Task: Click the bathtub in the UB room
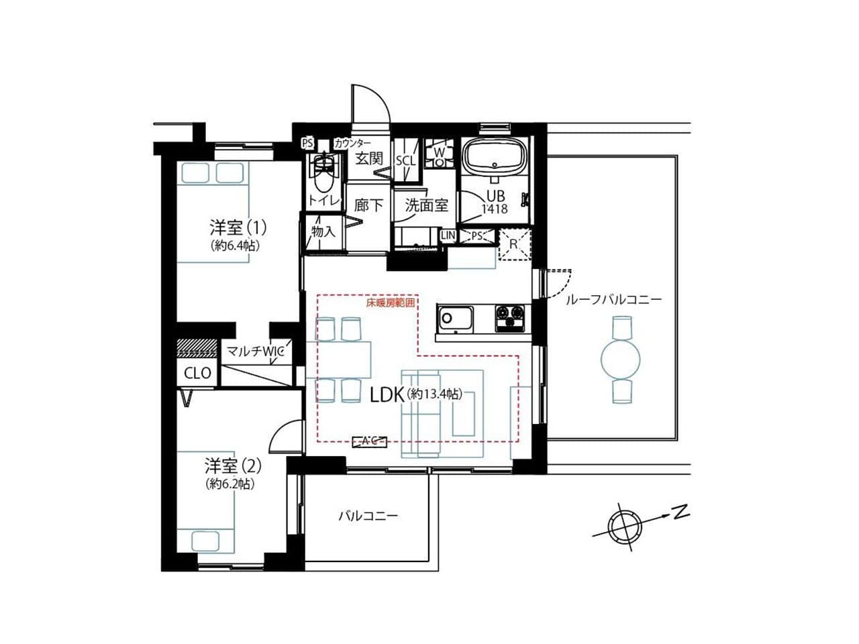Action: (x=495, y=158)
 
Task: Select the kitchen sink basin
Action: (x=456, y=318)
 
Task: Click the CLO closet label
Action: (x=197, y=374)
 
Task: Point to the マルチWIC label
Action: (x=255, y=352)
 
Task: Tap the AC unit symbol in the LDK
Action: (x=369, y=441)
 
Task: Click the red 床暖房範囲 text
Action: (x=390, y=303)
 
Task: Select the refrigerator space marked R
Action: (x=515, y=245)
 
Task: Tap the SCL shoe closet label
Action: (x=405, y=161)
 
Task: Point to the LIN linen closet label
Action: (x=448, y=235)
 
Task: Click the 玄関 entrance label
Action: (x=369, y=159)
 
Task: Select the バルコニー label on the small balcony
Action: (x=368, y=516)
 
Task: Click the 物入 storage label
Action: (x=323, y=231)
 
